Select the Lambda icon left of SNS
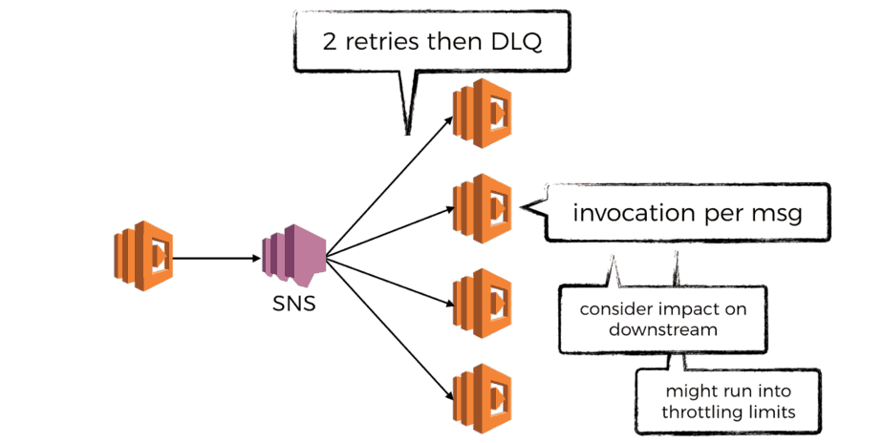[x=142, y=256]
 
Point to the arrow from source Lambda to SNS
[x=219, y=257]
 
